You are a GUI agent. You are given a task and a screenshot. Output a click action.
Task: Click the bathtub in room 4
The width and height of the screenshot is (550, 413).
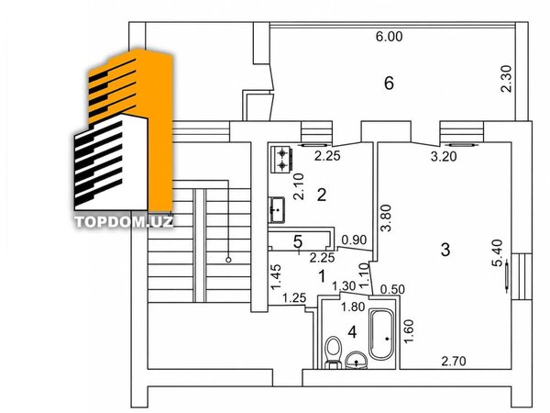381,334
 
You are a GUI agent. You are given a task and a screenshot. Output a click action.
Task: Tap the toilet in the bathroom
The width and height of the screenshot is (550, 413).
333,352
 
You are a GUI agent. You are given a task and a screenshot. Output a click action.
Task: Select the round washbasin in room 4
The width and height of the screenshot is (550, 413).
357,360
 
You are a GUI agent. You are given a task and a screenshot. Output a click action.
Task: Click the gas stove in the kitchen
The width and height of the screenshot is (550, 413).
281,159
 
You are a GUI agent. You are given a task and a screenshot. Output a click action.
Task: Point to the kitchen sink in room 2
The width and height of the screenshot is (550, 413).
277,209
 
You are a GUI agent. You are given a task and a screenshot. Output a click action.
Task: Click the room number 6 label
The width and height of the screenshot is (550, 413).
389,84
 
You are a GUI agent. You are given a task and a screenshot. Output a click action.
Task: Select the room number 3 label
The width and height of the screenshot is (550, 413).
445,250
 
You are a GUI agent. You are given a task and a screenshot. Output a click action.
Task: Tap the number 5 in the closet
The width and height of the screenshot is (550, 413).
297,241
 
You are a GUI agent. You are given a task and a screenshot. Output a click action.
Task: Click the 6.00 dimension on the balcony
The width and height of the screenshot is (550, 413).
389,37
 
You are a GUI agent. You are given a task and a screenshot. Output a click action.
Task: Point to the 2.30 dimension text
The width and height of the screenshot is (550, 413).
507,79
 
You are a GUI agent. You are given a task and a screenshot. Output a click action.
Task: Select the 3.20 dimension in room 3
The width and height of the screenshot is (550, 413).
444,157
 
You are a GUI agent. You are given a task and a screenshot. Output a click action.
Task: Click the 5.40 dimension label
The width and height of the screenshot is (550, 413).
497,253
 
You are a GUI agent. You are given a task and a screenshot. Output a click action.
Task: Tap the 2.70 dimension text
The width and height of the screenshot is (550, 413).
454,361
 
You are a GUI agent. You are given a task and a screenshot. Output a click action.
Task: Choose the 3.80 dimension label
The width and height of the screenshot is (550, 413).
386,218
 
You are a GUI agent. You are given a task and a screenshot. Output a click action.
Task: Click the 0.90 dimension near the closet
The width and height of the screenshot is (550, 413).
354,240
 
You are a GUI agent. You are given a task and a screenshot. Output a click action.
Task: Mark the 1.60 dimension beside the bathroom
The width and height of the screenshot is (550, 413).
409,330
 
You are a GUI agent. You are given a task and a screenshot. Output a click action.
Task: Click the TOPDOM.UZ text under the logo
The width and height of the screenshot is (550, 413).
124,221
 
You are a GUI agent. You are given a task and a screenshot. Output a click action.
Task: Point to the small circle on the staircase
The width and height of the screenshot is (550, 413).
228,260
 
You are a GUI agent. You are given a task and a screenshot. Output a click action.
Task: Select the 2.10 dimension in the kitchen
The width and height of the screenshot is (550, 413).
299,187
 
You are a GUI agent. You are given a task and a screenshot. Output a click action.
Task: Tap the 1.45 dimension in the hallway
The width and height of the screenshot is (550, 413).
277,277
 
